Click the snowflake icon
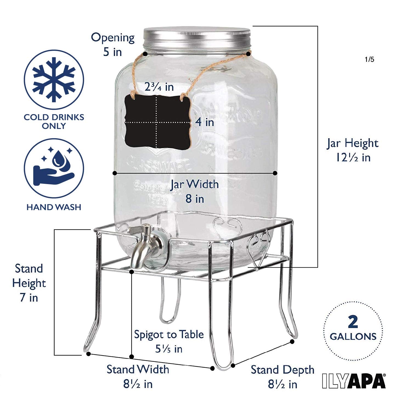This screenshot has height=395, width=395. (x=54, y=80)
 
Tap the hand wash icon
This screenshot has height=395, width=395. (x=54, y=168)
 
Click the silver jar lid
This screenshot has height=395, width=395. (x=197, y=37)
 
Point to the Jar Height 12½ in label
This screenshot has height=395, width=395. (x=352, y=150)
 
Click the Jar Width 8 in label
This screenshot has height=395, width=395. (x=194, y=191)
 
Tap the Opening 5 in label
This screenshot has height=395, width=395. (x=113, y=44)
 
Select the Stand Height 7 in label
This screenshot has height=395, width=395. (x=29, y=283)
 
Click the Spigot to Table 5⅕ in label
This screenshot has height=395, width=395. (x=169, y=342)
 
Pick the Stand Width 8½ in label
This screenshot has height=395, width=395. (x=138, y=376)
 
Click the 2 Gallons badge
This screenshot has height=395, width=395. (x=353, y=331)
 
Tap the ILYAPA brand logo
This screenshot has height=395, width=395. (x=354, y=381)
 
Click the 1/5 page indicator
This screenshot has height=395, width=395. (x=369, y=59)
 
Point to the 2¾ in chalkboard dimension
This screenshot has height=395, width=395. (x=159, y=87)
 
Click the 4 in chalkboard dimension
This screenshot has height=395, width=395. (x=205, y=122)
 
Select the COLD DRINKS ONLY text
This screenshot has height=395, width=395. (x=54, y=122)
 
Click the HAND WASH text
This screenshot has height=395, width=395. (x=54, y=207)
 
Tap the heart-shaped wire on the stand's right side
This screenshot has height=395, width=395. (x=258, y=248)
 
